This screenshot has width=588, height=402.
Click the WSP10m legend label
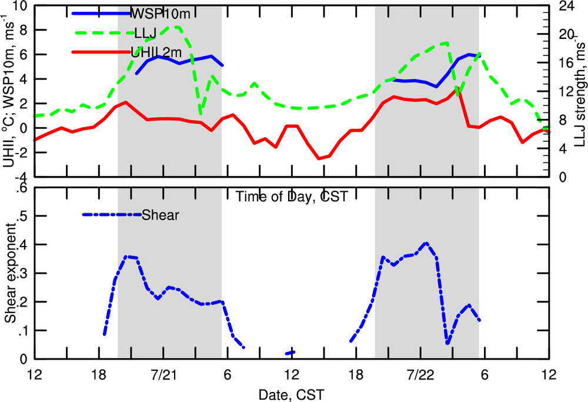(x=154, y=12)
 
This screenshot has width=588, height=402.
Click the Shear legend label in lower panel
(x=160, y=215)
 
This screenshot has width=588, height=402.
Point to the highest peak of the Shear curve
(x=426, y=242)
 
